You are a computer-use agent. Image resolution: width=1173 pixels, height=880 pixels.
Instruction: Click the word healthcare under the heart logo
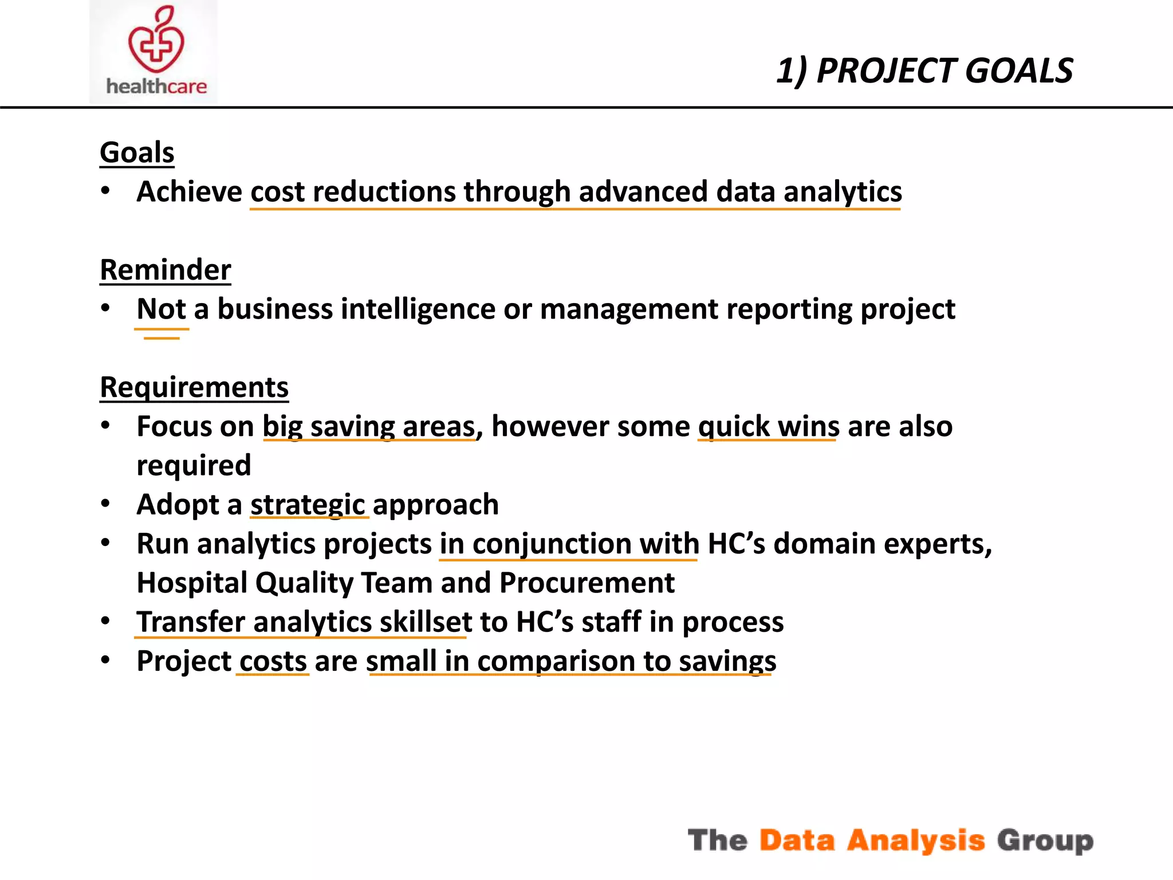[x=156, y=87]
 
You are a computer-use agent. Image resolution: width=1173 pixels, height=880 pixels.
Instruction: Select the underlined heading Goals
[x=137, y=152]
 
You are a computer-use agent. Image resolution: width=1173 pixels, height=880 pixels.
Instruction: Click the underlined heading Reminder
[x=166, y=270]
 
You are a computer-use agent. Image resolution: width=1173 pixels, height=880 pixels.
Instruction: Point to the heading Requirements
[x=194, y=387]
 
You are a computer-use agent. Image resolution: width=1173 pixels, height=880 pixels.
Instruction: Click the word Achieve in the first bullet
[x=189, y=191]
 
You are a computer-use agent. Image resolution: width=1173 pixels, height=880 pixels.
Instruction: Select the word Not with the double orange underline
[x=161, y=309]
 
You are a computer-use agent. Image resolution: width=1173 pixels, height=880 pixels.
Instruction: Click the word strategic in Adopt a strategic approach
[x=308, y=505]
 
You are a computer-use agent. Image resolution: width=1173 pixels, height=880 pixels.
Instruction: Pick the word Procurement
[x=586, y=583]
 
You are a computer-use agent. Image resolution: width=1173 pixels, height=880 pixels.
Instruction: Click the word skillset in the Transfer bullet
[x=426, y=622]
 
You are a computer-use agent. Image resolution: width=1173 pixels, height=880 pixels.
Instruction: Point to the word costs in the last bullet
[x=273, y=661]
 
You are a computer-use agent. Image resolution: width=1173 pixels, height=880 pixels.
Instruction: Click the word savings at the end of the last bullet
[x=727, y=661]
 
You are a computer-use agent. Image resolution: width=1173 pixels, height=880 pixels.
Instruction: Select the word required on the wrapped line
[x=194, y=465]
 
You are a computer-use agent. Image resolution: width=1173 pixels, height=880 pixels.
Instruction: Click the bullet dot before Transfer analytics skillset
[x=105, y=621]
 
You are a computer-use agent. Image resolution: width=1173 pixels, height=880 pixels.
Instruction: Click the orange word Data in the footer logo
[x=797, y=840]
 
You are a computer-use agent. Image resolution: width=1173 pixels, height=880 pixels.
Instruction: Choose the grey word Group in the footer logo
[x=1045, y=840]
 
